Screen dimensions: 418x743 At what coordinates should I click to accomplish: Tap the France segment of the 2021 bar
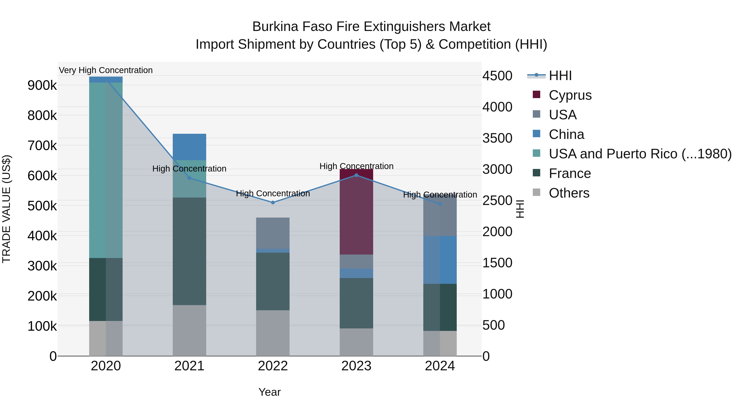coord(189,251)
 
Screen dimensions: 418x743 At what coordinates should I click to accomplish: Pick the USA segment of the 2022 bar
coord(273,233)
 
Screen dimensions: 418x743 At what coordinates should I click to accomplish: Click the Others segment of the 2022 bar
coord(273,333)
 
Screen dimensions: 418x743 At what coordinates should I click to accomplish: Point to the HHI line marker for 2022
coord(273,202)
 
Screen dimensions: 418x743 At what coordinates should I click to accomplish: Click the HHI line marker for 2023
coord(356,175)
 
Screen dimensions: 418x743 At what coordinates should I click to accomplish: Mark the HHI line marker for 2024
coord(440,204)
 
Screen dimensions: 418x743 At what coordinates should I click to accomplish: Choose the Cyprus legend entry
coord(570,95)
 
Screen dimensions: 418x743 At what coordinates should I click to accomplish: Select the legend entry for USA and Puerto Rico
coord(640,154)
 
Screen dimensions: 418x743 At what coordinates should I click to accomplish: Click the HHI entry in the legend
coord(560,76)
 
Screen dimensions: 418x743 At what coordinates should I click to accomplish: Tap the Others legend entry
coord(569,193)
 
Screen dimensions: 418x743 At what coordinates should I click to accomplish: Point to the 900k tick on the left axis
coord(42,85)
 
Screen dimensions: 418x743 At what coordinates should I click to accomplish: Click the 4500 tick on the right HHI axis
coord(497,76)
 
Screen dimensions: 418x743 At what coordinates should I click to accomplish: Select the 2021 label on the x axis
coord(189,366)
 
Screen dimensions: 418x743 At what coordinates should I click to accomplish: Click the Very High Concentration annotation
coord(105,70)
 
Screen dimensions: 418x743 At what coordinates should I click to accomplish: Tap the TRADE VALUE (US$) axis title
coord(6,209)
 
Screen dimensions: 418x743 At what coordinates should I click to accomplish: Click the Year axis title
coord(269,392)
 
